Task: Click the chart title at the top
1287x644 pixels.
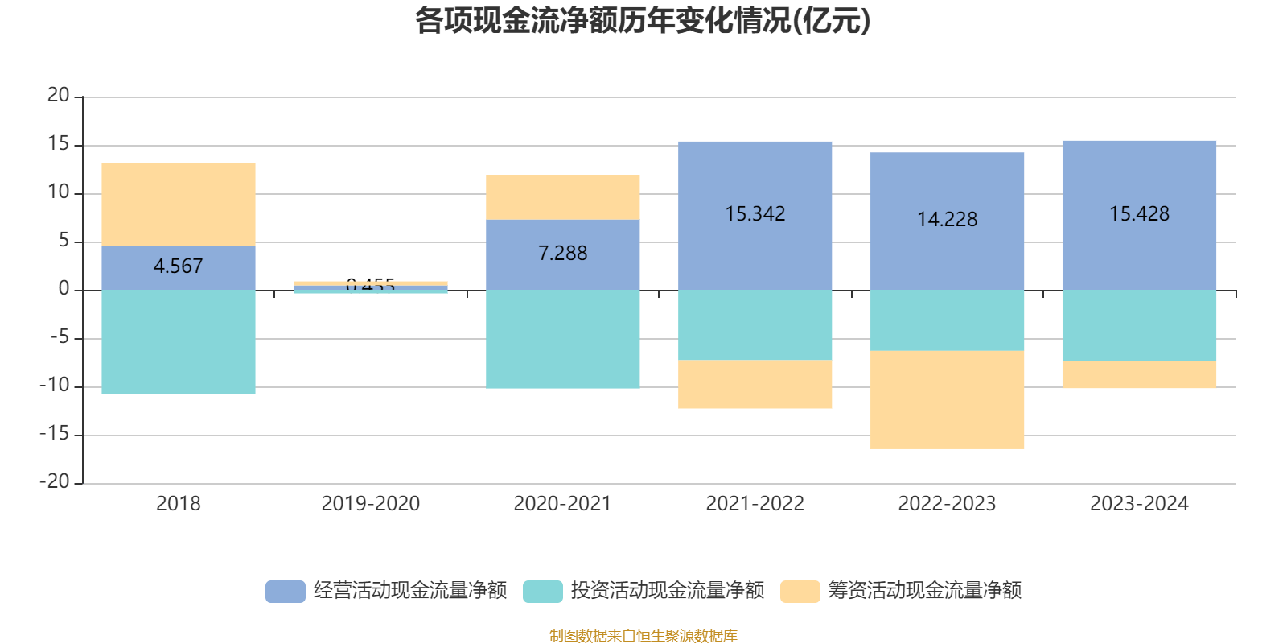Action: click(643, 22)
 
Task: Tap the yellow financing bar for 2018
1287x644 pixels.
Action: click(178, 204)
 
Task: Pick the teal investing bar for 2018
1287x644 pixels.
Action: click(178, 342)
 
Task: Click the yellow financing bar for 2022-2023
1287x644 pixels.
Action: click(947, 400)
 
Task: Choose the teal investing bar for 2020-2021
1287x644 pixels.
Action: click(562, 339)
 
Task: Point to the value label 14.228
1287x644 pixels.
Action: click(947, 219)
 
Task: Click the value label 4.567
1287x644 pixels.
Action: click(178, 266)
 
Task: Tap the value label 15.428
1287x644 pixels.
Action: click(1139, 213)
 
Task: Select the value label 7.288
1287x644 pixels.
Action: click(562, 253)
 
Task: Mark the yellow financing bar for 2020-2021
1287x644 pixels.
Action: click(562, 197)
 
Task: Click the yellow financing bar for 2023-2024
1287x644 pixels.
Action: click(1139, 375)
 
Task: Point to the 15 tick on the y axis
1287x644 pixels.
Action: click(59, 144)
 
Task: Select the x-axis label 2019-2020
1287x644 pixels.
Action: click(370, 504)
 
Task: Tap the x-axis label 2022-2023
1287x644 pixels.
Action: click(947, 504)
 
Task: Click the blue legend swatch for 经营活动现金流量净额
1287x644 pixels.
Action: click(285, 592)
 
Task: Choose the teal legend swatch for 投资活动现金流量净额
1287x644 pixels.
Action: click(542, 592)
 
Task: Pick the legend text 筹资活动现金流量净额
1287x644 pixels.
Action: click(924, 591)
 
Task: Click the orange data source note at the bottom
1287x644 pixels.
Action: click(643, 636)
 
